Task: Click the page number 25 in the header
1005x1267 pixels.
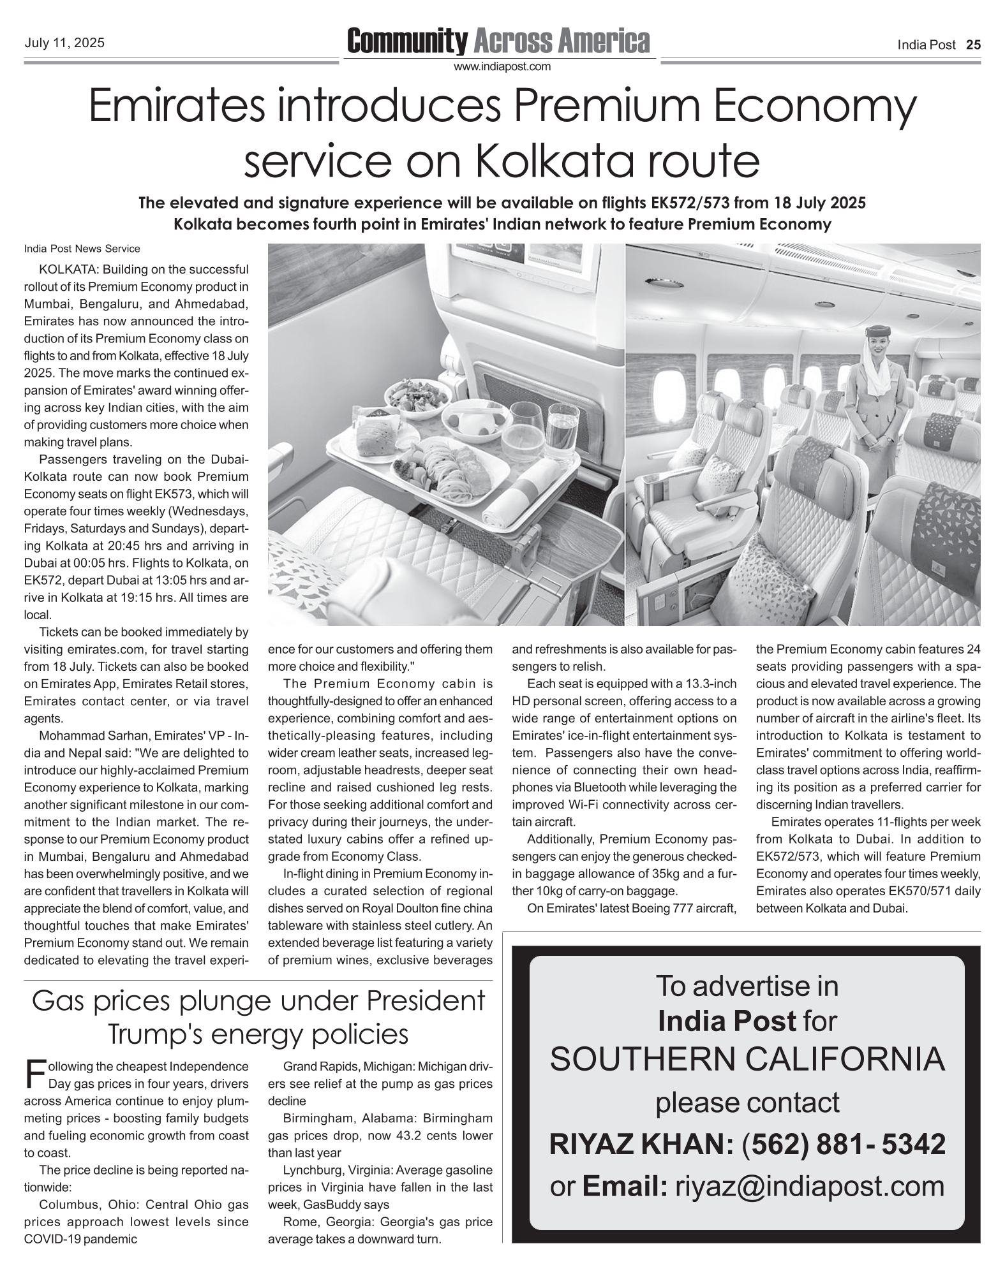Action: (973, 45)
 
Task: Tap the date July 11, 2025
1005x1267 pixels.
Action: (64, 43)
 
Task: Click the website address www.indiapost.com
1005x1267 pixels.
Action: (502, 66)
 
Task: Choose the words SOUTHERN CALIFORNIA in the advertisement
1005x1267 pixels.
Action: (747, 1059)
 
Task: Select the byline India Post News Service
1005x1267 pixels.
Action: (82, 249)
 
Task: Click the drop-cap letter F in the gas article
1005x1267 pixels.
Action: (34, 1074)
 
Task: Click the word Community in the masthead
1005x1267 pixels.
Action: (407, 41)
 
